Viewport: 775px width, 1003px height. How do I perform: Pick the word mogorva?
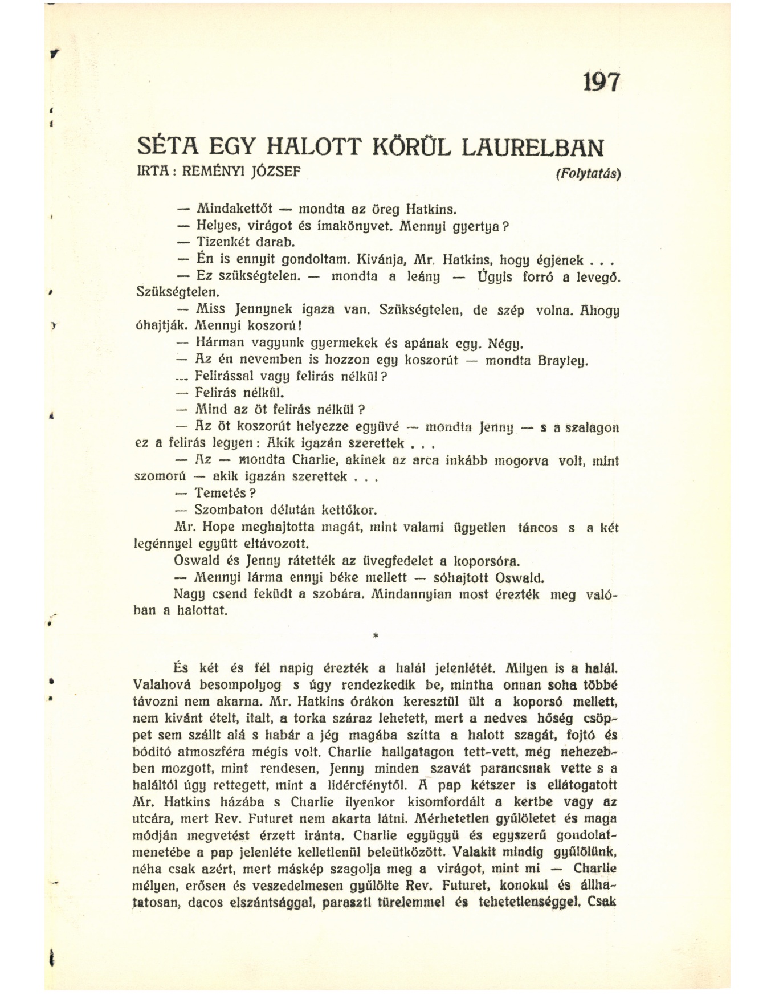coord(521,461)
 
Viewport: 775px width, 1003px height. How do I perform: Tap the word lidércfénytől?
coord(368,785)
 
